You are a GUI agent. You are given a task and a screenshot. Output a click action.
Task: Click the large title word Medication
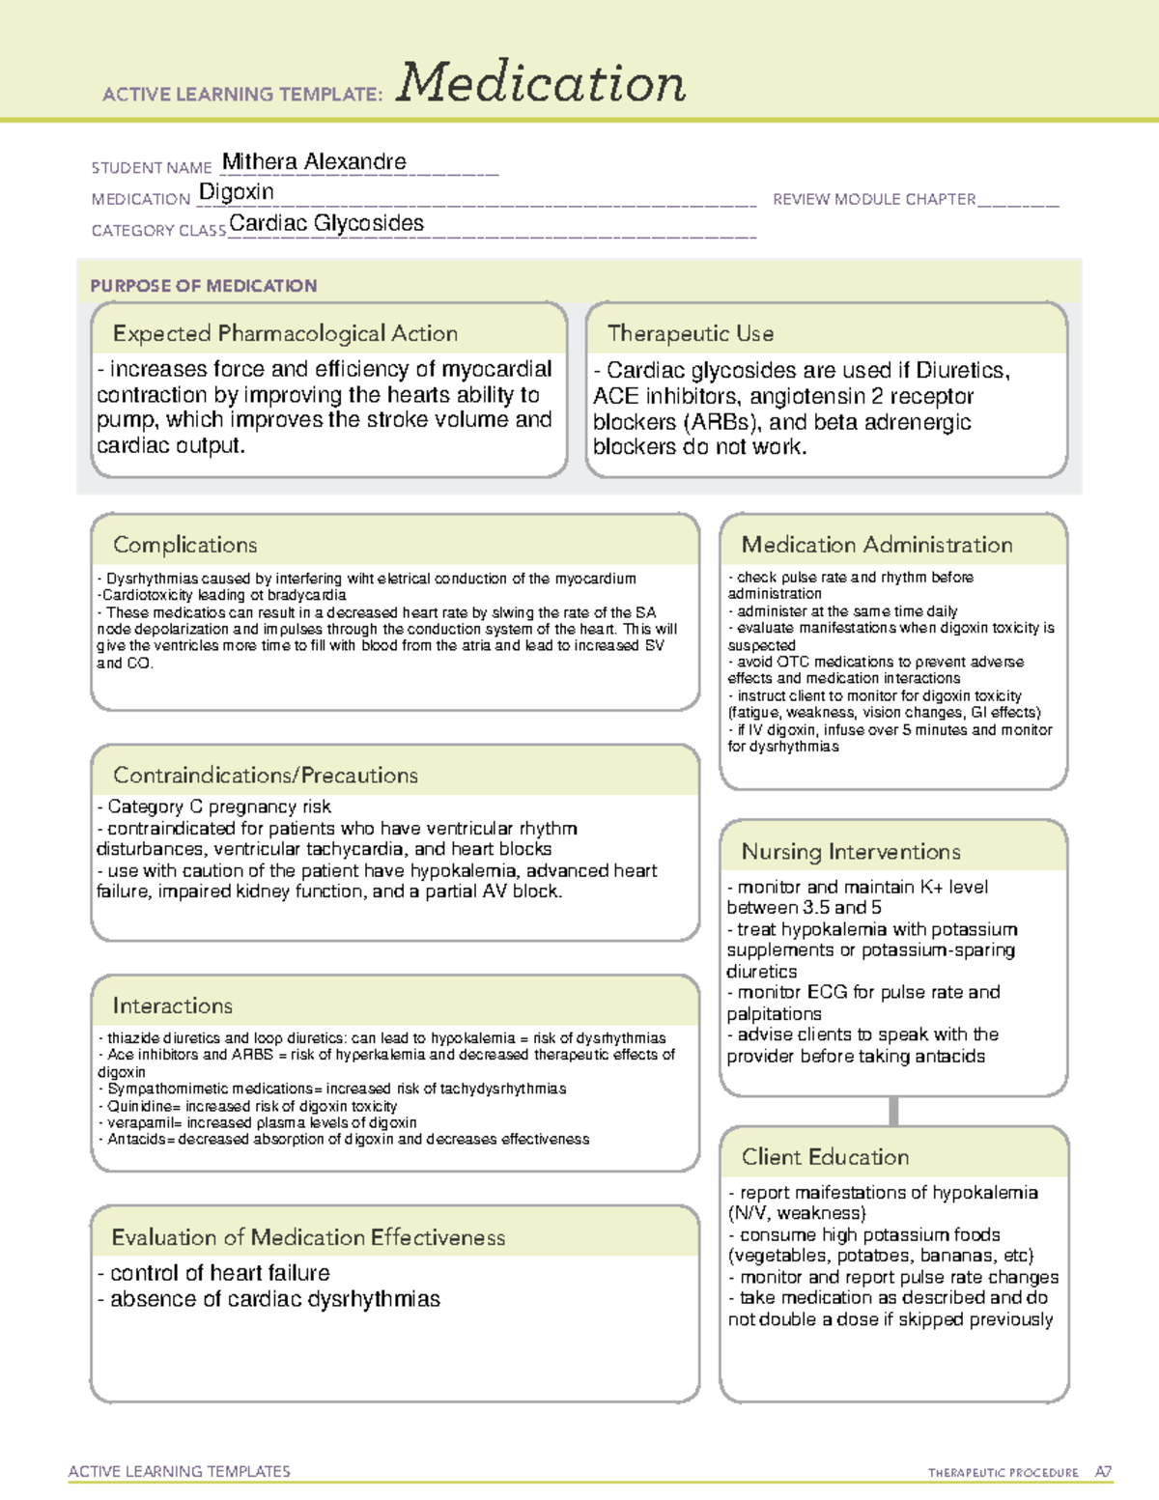coord(541,83)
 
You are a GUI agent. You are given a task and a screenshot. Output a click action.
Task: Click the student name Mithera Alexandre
coord(314,162)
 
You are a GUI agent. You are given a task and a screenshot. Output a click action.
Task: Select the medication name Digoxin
coord(237,192)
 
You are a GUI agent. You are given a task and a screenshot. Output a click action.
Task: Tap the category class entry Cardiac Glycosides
coord(326,223)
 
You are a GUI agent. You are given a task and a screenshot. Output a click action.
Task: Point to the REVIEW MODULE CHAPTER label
coord(874,199)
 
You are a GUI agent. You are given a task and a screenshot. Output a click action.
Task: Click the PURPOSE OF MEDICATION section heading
coord(204,286)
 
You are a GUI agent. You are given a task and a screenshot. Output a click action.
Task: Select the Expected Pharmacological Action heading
coord(285,333)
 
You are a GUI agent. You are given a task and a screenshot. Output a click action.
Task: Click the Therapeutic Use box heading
coord(691,333)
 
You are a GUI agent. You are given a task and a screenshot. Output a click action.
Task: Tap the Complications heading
coord(185,545)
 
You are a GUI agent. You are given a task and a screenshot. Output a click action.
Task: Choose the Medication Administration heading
coord(877,545)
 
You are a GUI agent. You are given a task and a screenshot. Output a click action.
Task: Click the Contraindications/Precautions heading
coord(266,776)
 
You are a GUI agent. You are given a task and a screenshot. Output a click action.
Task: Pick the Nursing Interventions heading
coord(851,852)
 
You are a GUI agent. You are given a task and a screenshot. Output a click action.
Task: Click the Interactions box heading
coord(173,1006)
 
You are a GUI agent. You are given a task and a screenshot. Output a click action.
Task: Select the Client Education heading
coord(826,1157)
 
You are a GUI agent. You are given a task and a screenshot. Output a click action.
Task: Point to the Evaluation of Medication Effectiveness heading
coord(308,1238)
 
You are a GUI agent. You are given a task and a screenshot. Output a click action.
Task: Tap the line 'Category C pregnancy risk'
coord(218,807)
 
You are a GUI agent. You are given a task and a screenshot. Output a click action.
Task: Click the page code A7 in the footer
coord(1103,1472)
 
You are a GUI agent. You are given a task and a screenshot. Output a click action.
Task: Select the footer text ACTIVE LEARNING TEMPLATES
coord(180,1471)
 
